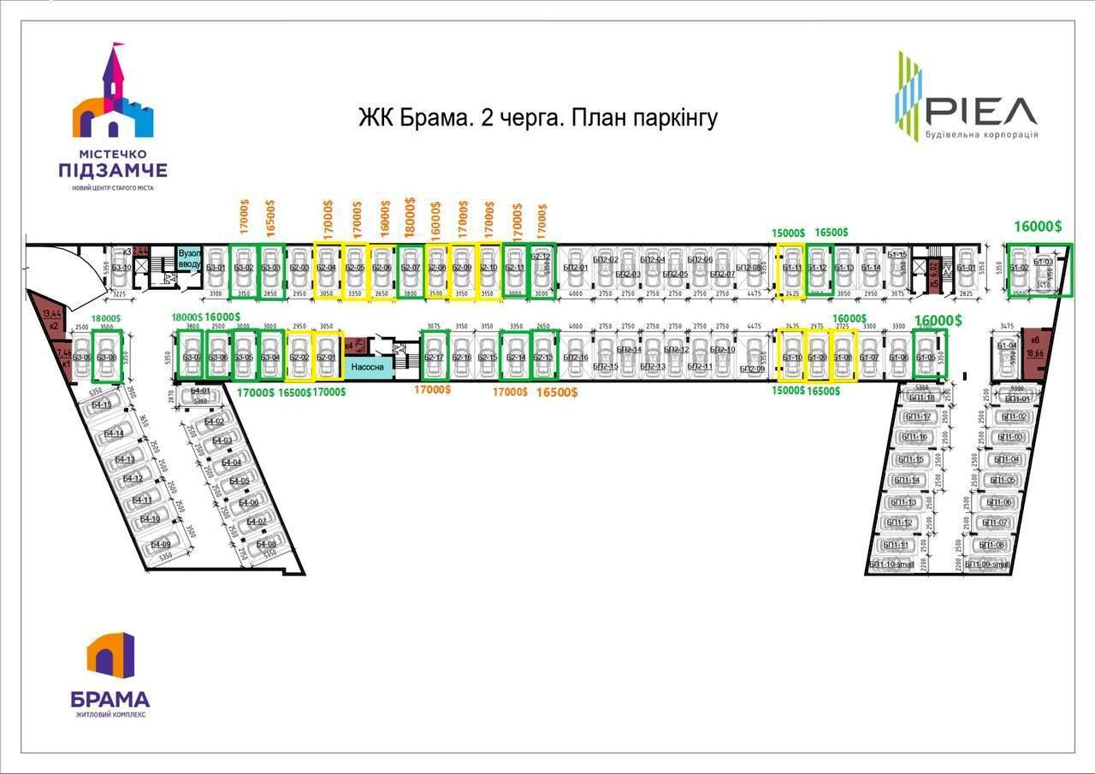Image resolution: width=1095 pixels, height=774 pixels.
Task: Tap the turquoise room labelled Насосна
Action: pyautogui.click(x=369, y=366)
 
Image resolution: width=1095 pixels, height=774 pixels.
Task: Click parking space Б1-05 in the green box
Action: pyautogui.click(x=926, y=357)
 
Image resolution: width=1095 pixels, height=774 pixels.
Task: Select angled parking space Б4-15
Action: pyautogui.click(x=104, y=406)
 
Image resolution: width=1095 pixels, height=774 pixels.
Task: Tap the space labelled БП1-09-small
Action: pyautogui.click(x=989, y=564)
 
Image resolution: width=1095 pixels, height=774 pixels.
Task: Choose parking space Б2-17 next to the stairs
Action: pyautogui.click(x=435, y=357)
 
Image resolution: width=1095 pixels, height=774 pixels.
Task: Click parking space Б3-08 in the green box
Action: pyautogui.click(x=106, y=357)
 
